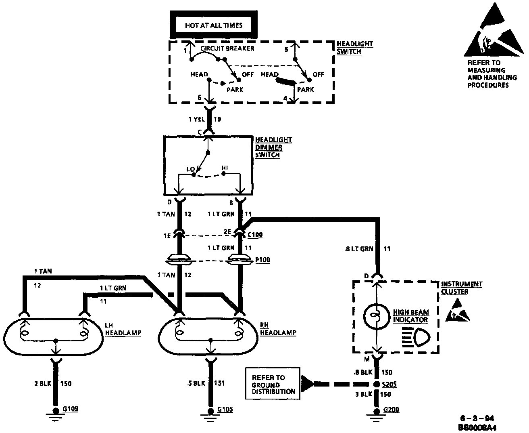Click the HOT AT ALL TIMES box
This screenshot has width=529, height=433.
pyautogui.click(x=214, y=25)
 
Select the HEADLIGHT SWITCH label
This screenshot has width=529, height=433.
pyautogui.click(x=354, y=47)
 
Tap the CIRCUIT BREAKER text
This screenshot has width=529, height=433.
pyautogui.click(x=227, y=48)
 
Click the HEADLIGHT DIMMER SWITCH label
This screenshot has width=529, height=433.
pyautogui.click(x=273, y=147)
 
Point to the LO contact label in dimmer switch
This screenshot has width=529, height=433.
pyautogui.click(x=190, y=168)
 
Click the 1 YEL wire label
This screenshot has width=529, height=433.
pyautogui.click(x=197, y=119)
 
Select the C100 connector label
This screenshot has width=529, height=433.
pyautogui.click(x=255, y=234)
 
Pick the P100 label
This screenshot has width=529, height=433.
pyautogui.click(x=262, y=260)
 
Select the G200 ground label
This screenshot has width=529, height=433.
pyautogui.click(x=391, y=410)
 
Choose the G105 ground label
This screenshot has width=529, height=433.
pyautogui.click(x=225, y=410)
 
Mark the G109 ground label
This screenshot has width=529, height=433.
pyautogui.click(x=70, y=409)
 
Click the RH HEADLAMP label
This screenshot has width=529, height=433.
pyautogui.click(x=278, y=329)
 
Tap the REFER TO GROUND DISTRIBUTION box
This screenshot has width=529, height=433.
pyautogui.click(x=273, y=384)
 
